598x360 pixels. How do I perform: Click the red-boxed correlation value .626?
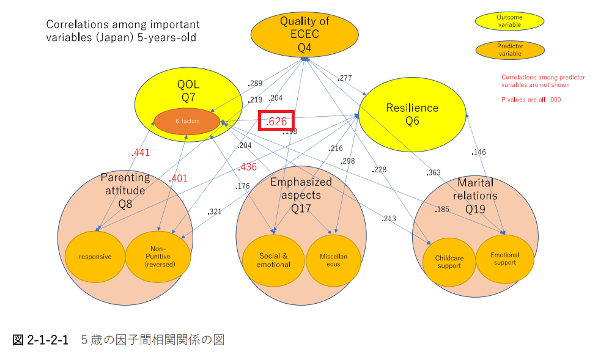coord(276,121)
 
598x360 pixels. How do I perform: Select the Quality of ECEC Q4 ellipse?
coord(305,34)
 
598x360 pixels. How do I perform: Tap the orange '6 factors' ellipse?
coord(187,121)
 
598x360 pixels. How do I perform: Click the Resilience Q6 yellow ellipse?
coord(412,114)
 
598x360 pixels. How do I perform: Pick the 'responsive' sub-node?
coord(95,257)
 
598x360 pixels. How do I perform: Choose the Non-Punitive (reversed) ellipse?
coord(158,257)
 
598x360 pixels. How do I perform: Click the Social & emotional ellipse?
coord(273,260)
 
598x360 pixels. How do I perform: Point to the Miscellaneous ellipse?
coord(333,260)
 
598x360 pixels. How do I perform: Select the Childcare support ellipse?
coord(449,262)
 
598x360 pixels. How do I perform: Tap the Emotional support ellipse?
coord(505,259)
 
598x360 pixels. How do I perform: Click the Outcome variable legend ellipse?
coord(509,21)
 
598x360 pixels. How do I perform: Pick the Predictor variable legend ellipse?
coord(511,50)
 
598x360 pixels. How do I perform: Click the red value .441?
coord(141,153)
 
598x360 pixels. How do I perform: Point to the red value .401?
coord(178,178)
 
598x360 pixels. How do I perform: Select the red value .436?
coord(248,167)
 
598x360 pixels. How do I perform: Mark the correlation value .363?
coord(434,172)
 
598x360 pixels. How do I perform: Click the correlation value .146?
coord(479,152)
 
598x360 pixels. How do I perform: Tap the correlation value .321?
coord(215,211)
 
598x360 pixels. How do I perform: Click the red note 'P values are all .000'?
coord(531,100)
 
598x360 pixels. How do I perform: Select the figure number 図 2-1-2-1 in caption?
coord(40,339)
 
